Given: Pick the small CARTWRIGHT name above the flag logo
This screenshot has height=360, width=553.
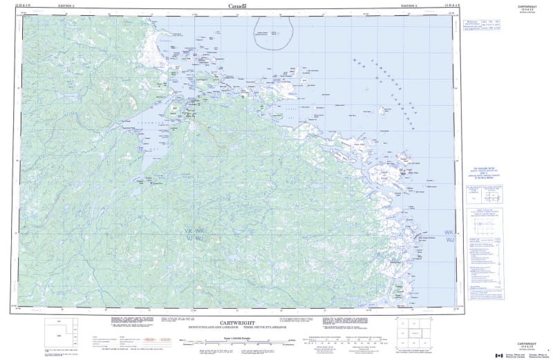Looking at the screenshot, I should point(528,342).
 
